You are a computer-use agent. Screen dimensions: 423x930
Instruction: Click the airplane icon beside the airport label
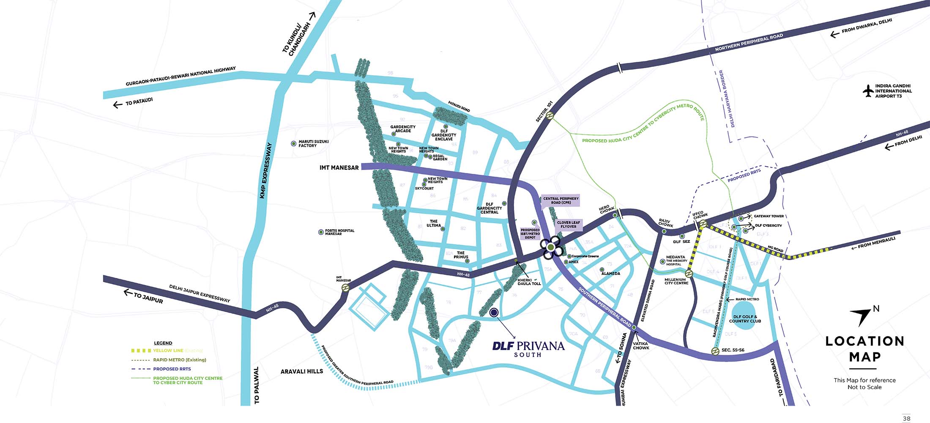pyautogui.click(x=868, y=91)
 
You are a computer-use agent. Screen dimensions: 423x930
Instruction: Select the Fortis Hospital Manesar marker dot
pyautogui.click(x=321, y=232)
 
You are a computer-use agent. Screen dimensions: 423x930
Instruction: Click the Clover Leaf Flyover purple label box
pyautogui.click(x=568, y=225)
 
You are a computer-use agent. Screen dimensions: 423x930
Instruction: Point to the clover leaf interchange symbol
pyautogui.click(x=551, y=247)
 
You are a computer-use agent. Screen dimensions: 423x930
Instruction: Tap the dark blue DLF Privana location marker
pyautogui.click(x=494, y=313)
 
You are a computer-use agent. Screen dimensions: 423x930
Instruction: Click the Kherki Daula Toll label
pyautogui.click(x=529, y=282)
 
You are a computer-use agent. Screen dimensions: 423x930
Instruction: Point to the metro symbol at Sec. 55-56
pyautogui.click(x=715, y=351)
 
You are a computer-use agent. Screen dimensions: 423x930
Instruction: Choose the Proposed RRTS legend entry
pyautogui.click(x=172, y=369)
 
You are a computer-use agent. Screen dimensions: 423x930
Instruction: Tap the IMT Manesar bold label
pyautogui.click(x=339, y=168)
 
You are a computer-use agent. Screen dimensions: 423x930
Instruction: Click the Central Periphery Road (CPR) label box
pyautogui.click(x=561, y=201)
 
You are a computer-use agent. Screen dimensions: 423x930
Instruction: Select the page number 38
pyautogui.click(x=906, y=418)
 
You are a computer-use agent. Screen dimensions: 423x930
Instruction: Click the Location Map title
pyautogui.click(x=864, y=349)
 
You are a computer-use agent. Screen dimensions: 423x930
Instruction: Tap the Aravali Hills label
pyautogui.click(x=302, y=371)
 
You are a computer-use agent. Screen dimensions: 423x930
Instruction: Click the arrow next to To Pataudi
pyautogui.click(x=118, y=104)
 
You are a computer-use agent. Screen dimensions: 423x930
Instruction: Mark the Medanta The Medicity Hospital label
pyautogui.click(x=676, y=260)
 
